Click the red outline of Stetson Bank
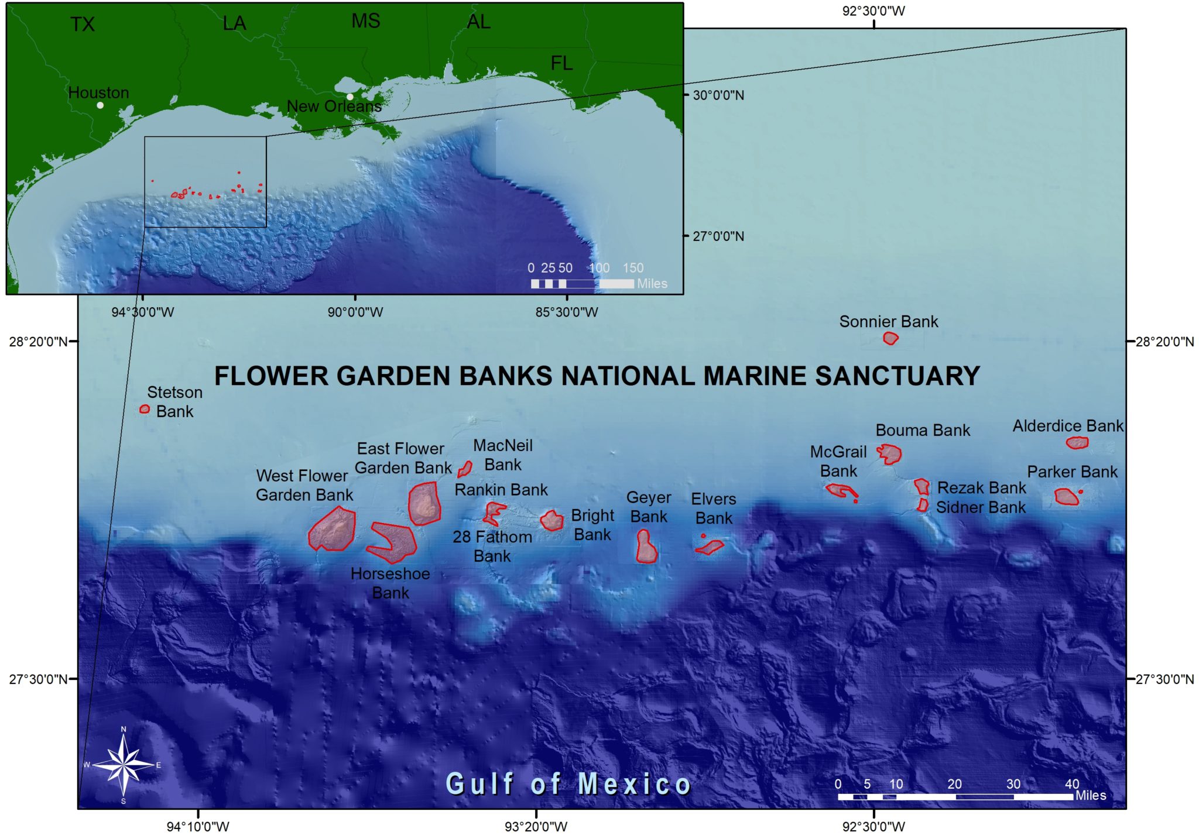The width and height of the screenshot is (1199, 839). (x=145, y=409)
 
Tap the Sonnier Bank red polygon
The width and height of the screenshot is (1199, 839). (x=890, y=338)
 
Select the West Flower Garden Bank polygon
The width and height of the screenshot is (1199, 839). (x=333, y=529)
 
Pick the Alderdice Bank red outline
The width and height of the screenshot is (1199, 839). (x=1077, y=443)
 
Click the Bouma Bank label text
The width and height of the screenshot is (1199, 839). (x=923, y=431)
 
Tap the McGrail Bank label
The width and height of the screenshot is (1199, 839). (x=838, y=461)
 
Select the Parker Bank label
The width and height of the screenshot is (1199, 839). (x=1072, y=472)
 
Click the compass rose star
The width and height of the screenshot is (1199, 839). (x=123, y=765)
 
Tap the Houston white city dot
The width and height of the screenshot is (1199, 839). (x=100, y=105)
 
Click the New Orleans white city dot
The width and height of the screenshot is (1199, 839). (x=350, y=97)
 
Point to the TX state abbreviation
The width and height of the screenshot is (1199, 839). (x=82, y=25)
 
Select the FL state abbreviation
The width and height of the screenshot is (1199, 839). (x=561, y=63)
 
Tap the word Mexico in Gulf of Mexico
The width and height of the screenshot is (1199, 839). (x=635, y=784)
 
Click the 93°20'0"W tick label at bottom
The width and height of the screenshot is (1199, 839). (x=536, y=827)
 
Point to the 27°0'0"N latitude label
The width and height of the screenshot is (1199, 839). (x=718, y=236)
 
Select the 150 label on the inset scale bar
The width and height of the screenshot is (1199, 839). (x=633, y=268)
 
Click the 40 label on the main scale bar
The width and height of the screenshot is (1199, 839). (x=1071, y=784)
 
